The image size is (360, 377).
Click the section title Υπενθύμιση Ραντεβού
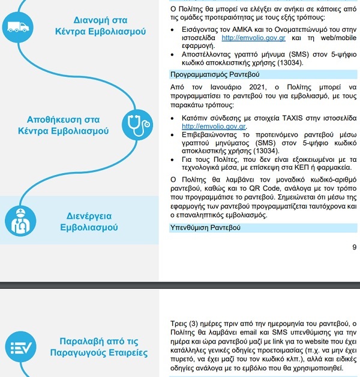pyautogui.click(x=206, y=228)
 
